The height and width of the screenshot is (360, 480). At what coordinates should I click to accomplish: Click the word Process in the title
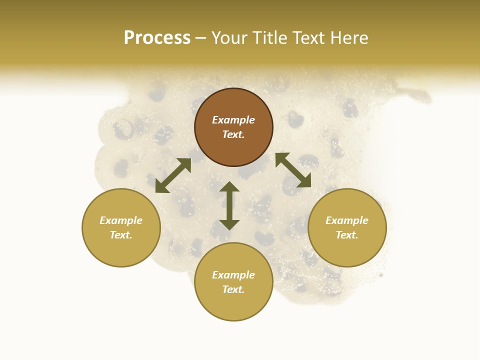pos(157,38)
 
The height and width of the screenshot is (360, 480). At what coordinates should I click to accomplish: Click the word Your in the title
pos(229,38)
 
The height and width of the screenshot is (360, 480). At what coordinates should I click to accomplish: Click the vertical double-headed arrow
pos(229,205)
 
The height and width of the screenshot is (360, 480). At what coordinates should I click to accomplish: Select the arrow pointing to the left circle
pos(173,175)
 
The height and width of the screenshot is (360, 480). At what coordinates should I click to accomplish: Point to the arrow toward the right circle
pos(293,170)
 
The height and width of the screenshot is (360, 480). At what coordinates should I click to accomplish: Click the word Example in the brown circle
pos(233,120)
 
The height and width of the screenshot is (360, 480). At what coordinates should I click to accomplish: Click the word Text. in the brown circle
pos(233,134)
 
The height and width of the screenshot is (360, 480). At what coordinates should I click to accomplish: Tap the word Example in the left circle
pos(121,220)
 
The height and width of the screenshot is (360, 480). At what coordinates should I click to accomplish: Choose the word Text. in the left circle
pos(121,235)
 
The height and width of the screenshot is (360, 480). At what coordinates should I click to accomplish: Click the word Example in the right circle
pos(347,220)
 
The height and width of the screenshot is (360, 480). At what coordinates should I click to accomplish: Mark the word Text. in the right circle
pos(347,235)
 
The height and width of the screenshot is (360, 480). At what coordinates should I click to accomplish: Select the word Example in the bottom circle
pos(233,275)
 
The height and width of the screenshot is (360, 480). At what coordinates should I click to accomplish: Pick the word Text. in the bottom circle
pos(233,289)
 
